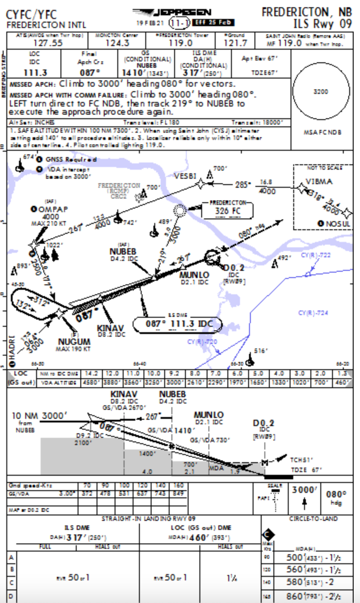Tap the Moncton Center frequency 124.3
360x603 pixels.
tap(117, 42)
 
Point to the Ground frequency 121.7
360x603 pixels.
tap(236, 42)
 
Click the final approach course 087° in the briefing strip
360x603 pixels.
tap(89, 72)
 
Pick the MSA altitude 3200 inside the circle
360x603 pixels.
tap(321, 92)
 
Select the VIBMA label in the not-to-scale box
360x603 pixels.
tap(319, 182)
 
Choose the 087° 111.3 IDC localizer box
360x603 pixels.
tap(178, 324)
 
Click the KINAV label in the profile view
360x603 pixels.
tap(124, 394)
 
